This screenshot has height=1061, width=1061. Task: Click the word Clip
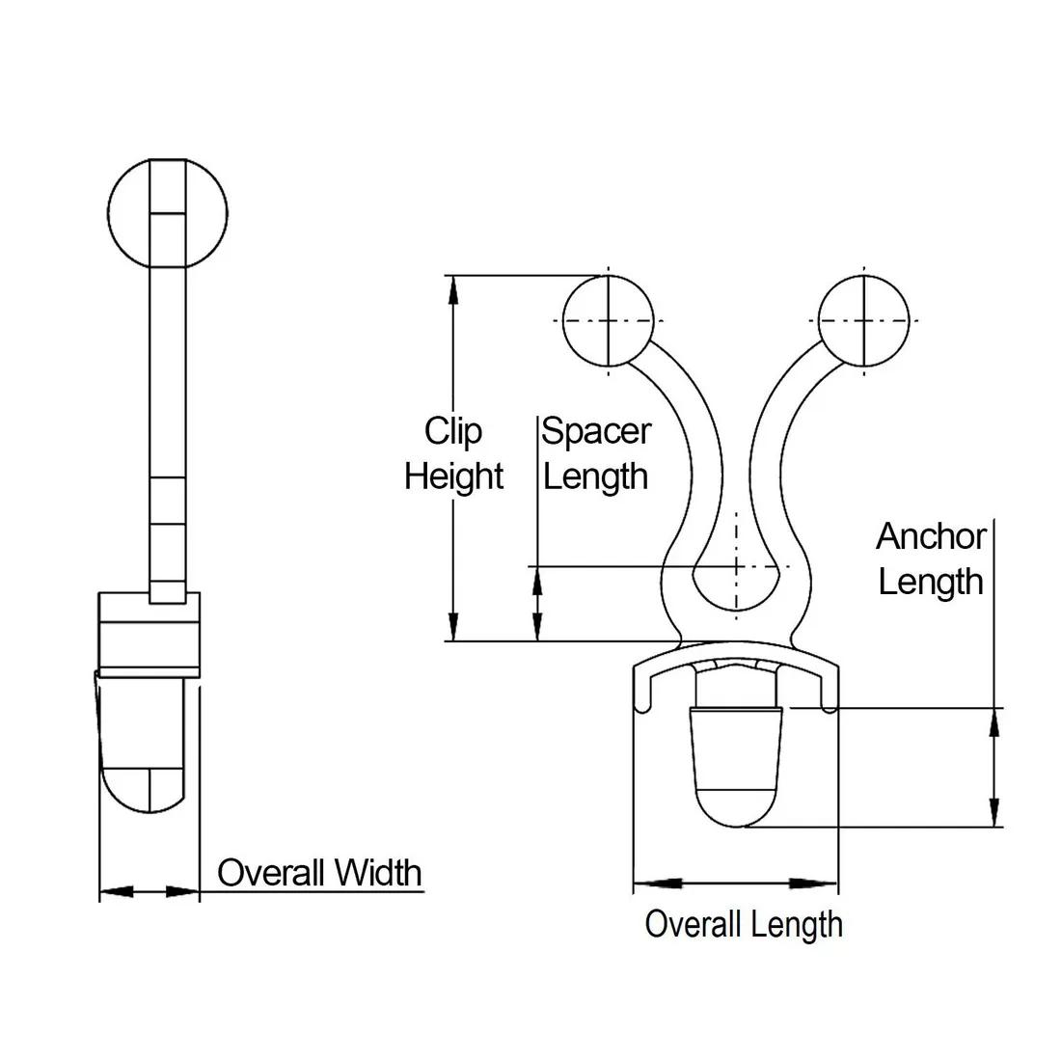[x=453, y=431]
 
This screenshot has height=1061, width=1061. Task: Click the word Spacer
[x=596, y=431]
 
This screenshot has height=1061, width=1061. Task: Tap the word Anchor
[x=931, y=536]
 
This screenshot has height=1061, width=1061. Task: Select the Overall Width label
[x=319, y=873]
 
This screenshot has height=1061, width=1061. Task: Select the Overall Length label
[x=744, y=924]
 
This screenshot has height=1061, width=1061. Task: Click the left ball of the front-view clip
[x=609, y=320]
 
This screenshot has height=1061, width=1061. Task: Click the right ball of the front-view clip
[x=864, y=320]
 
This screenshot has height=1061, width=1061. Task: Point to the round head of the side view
[x=168, y=210]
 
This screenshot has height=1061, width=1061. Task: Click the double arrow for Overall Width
[x=150, y=892]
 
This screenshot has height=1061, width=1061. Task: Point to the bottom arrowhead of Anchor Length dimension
[x=993, y=815]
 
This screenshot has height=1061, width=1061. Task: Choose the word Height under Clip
[x=453, y=476]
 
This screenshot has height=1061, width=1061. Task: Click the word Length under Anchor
[x=931, y=582]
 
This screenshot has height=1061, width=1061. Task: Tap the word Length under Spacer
[x=596, y=476]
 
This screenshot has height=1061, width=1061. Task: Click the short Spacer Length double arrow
[x=537, y=604]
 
